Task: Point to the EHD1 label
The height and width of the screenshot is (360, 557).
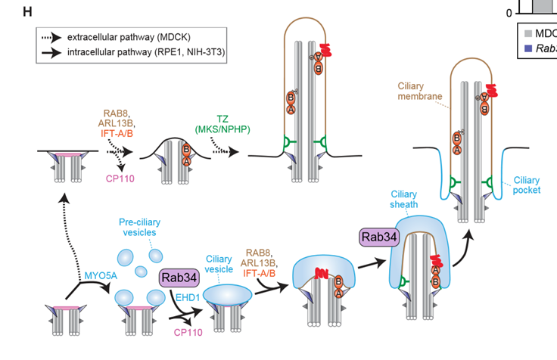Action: pyautogui.click(x=187, y=297)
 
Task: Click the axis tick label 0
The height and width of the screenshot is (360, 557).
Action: pyautogui.click(x=509, y=13)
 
